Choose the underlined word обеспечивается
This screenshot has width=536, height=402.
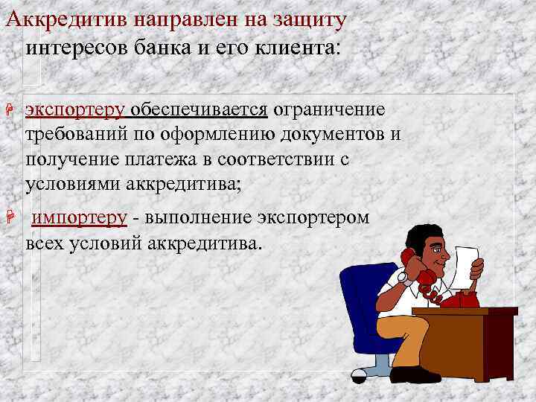click(200, 110)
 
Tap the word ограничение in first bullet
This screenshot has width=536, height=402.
click(329, 110)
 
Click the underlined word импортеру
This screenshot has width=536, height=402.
click(80, 218)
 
